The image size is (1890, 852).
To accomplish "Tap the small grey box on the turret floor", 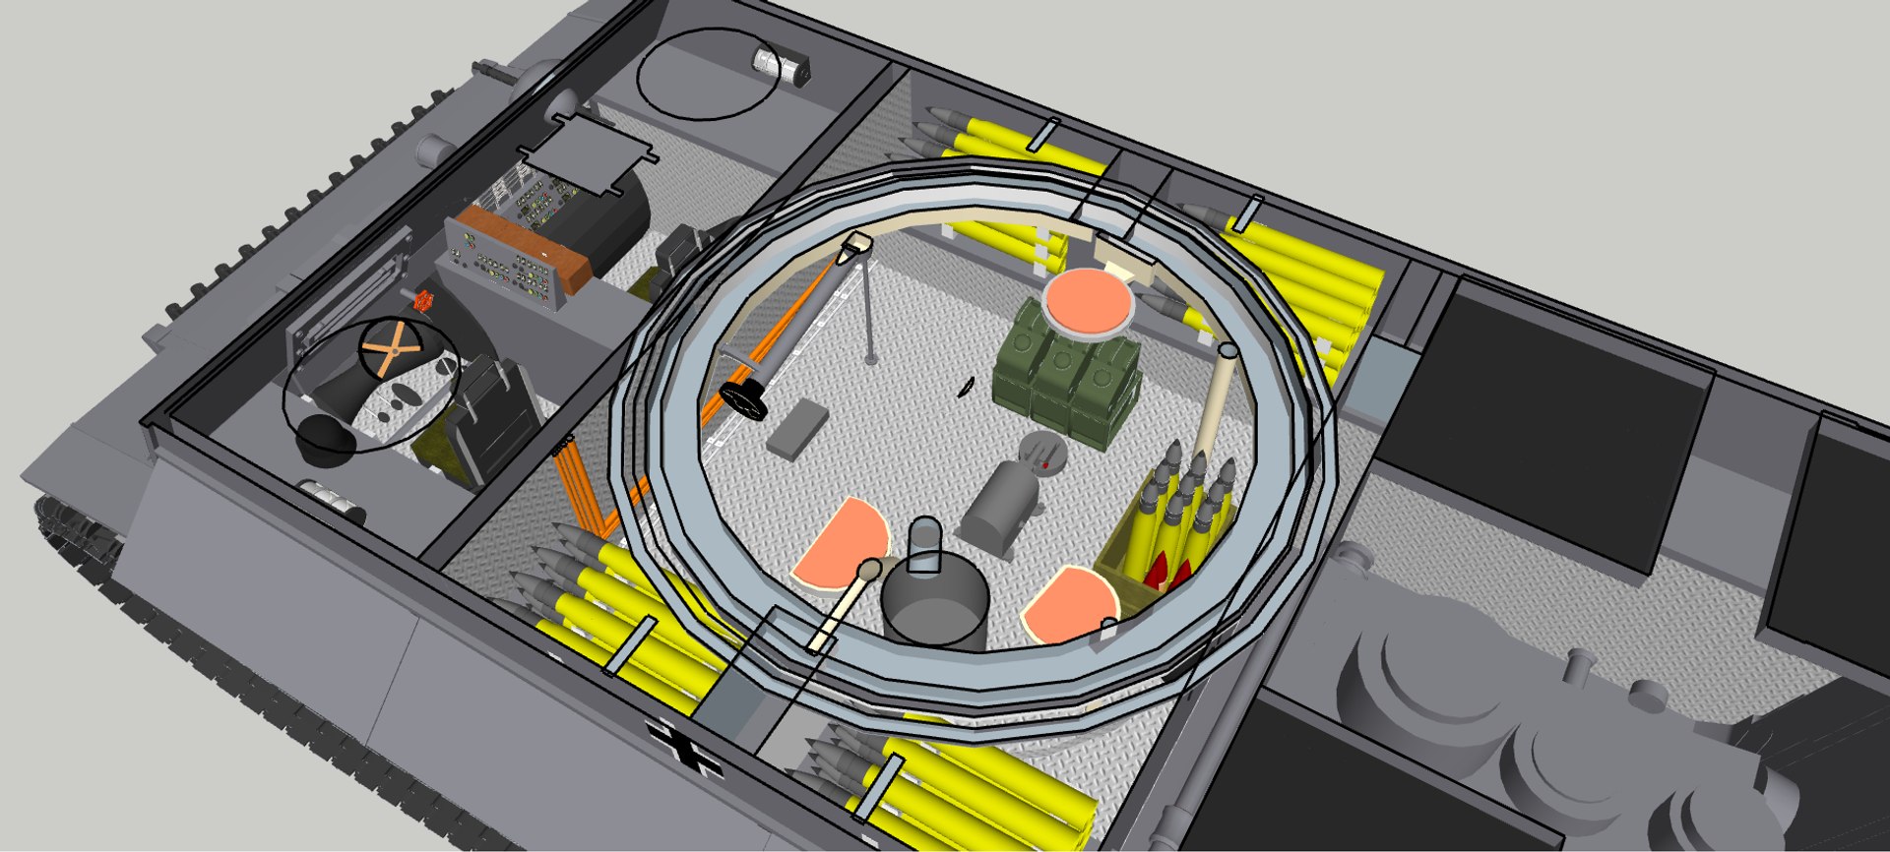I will [x=797, y=429].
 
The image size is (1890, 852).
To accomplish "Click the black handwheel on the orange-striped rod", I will [x=743, y=397].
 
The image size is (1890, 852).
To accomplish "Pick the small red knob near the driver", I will [x=424, y=299].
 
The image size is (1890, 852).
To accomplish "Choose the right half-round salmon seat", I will [x=1070, y=603].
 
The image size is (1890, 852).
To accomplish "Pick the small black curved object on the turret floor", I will [x=967, y=388].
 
